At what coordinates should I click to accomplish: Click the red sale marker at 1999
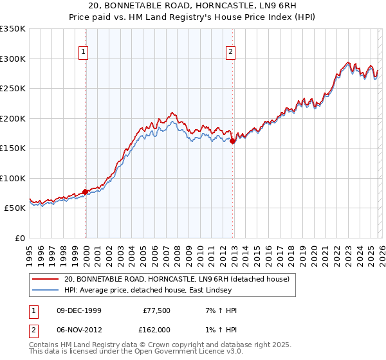point(86,192)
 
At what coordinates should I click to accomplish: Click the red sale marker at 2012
point(233,141)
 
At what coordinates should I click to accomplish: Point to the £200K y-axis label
point(13,118)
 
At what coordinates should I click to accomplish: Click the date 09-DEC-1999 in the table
point(78,310)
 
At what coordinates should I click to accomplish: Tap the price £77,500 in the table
point(156,310)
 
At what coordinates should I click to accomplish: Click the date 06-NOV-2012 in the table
point(78,329)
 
